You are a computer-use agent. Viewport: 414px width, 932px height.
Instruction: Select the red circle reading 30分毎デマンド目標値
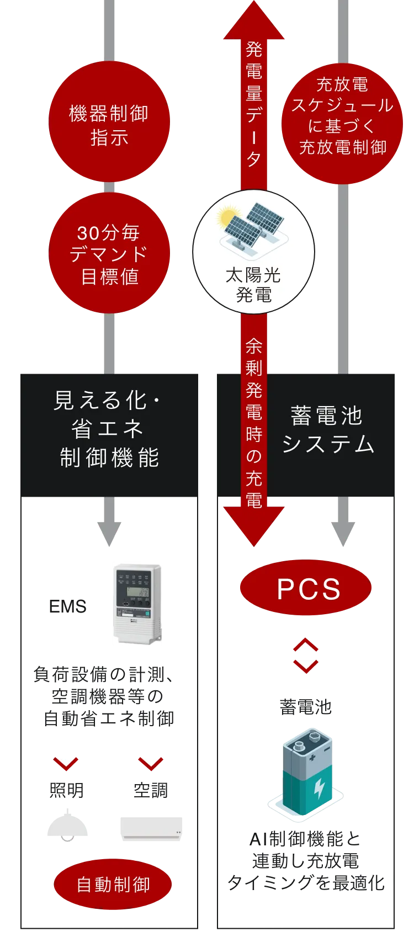109,254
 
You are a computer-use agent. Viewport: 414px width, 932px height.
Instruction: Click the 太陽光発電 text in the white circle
253,285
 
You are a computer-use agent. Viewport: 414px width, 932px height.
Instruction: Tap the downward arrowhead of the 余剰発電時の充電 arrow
254,527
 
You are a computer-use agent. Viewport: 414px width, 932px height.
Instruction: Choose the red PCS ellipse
307,588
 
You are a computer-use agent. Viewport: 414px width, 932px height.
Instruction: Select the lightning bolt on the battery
319,789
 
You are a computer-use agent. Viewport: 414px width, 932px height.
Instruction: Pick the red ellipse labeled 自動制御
113,885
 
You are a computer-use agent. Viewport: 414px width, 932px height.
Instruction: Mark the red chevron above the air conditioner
151,763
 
